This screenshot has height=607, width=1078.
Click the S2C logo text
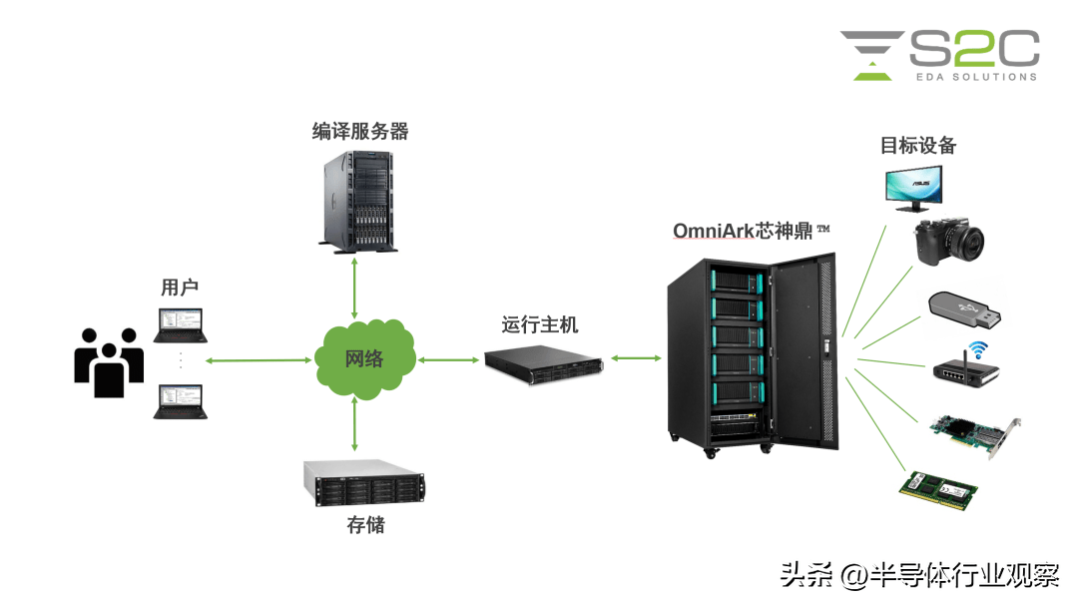tap(973, 49)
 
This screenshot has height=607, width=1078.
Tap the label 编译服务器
tap(360, 131)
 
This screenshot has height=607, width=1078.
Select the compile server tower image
tap(358, 200)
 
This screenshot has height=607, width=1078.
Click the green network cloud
tap(363, 358)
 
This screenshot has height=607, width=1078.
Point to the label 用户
tap(180, 288)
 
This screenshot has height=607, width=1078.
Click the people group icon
tap(108, 361)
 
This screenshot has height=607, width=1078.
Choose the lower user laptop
tap(181, 400)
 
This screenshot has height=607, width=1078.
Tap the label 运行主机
tap(540, 324)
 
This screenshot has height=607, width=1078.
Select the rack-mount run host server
tap(544, 361)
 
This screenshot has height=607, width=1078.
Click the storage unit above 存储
tap(363, 483)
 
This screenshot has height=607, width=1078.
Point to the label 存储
tap(365, 524)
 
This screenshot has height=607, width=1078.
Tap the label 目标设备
tap(917, 146)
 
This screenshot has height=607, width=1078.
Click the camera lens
tap(965, 242)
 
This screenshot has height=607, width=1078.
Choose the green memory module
tap(938, 486)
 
